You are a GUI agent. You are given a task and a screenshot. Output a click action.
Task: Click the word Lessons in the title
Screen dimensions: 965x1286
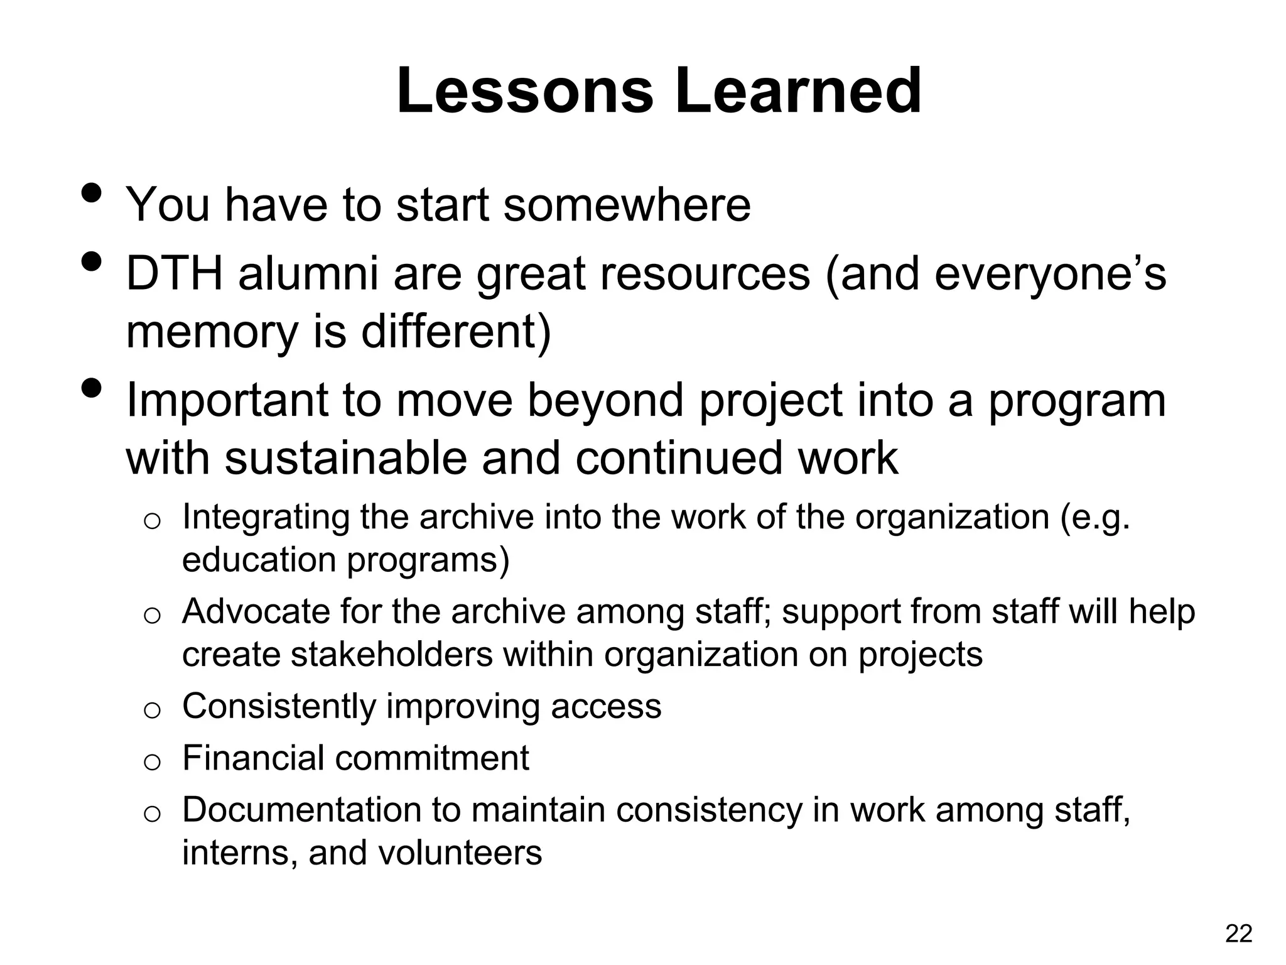[x=525, y=92]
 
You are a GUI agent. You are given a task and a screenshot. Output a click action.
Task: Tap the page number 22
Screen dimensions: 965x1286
[x=1238, y=934]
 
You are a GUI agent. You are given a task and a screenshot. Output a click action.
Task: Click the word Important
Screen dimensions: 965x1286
[x=227, y=400]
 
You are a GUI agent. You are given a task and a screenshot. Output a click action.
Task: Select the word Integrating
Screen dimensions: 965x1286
[x=264, y=518]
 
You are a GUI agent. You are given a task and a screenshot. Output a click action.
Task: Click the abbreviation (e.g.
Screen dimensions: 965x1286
[x=1094, y=518]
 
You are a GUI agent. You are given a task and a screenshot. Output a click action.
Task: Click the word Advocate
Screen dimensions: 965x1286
[x=254, y=611]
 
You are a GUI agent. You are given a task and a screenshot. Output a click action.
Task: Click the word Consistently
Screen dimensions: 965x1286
[x=278, y=706]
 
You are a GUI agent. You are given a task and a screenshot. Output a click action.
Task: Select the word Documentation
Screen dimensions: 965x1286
[x=300, y=810]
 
